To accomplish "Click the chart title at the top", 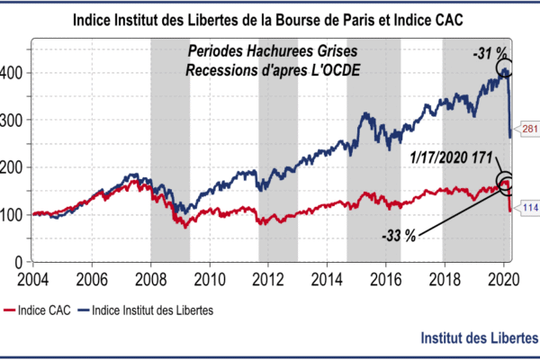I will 270,20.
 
